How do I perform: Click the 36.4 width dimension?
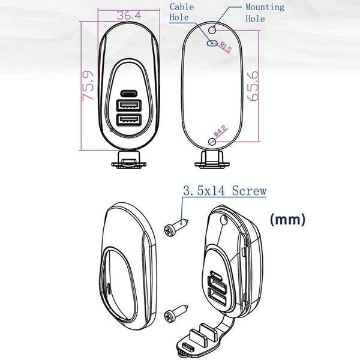pyautogui.click(x=128, y=16)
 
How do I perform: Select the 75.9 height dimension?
pyautogui.click(x=88, y=86)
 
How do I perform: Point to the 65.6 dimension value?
pyautogui.click(x=253, y=86)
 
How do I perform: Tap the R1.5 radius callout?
pyautogui.click(x=225, y=47)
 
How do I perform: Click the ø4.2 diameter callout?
pyautogui.click(x=220, y=131)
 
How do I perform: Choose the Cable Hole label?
pyautogui.click(x=182, y=12)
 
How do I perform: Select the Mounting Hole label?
pyautogui.click(x=265, y=13)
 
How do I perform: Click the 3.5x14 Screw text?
pyautogui.click(x=225, y=191)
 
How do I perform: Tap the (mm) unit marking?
pyautogui.click(x=287, y=220)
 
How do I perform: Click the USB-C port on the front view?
pyautogui.click(x=129, y=94)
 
